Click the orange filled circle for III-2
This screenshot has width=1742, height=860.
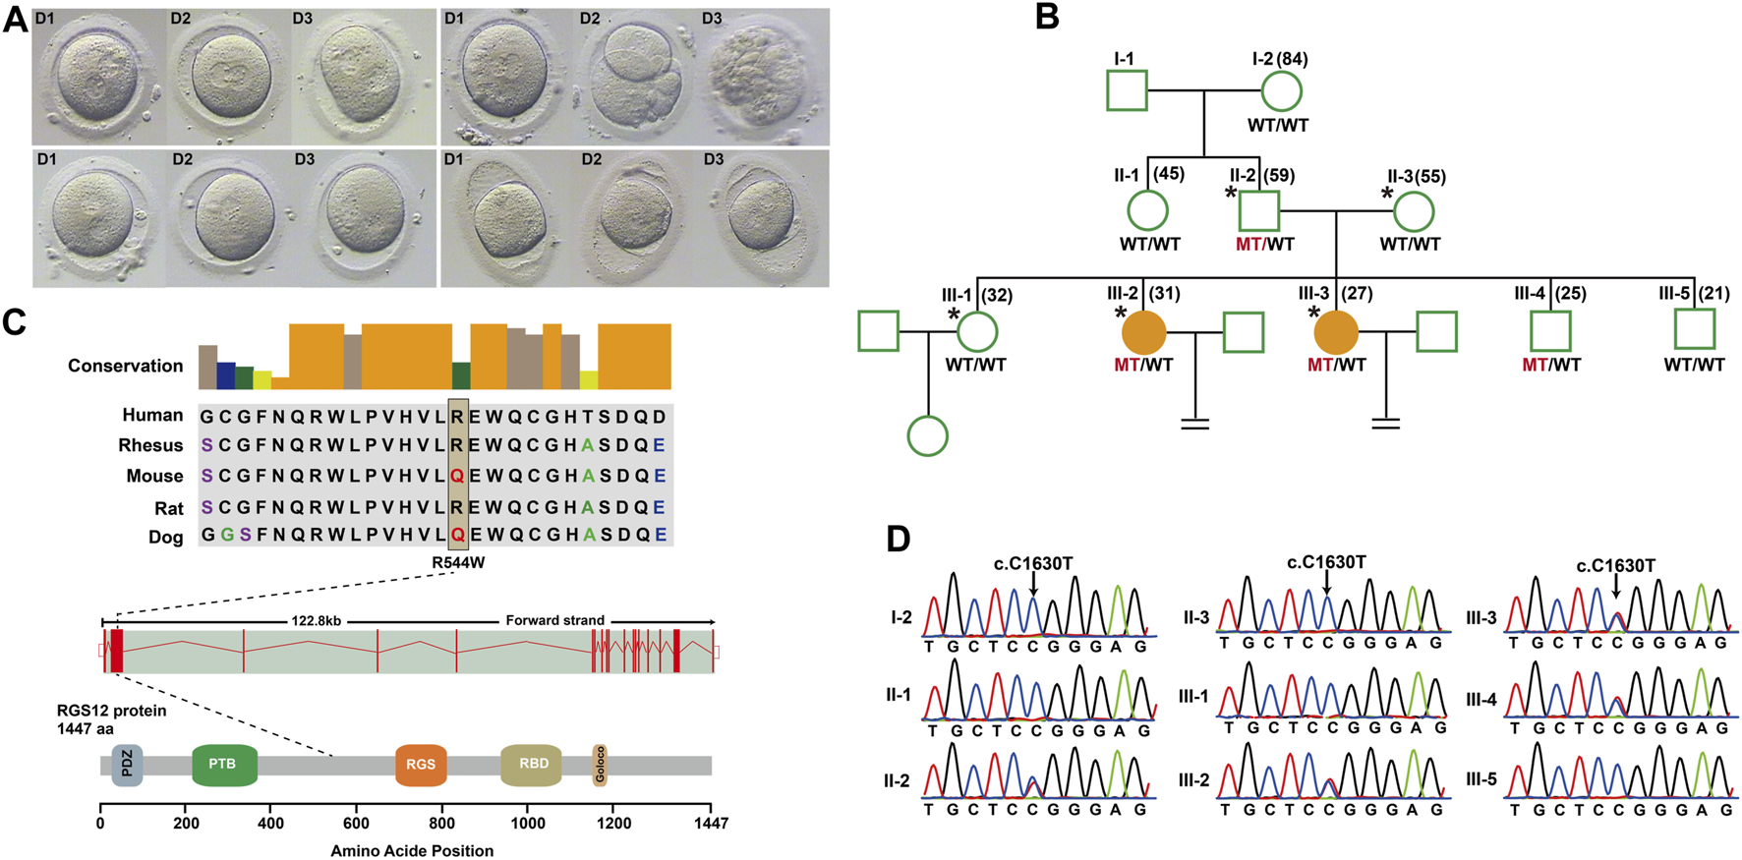point(1143,333)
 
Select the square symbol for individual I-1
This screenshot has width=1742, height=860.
point(1128,91)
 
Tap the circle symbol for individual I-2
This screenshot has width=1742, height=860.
point(1281,91)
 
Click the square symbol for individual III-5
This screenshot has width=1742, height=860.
point(1695,329)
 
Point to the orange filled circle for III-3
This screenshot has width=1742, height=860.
point(1336,333)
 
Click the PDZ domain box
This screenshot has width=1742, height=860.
point(127,765)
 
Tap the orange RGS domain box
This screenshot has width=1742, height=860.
point(421,765)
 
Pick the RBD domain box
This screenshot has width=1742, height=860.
point(531,765)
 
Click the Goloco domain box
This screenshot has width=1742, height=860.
point(600,765)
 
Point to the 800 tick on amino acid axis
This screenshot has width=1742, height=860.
point(441,824)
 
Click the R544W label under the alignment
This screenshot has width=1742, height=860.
point(458,563)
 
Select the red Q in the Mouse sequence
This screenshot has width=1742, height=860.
point(457,476)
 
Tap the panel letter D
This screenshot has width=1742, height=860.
point(899,539)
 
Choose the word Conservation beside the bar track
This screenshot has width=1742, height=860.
point(125,366)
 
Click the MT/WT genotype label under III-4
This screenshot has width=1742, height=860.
point(1551,365)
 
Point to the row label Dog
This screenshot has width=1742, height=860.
point(165,537)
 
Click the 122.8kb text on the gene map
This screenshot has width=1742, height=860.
point(316,621)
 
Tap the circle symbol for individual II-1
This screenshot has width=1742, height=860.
point(1147,211)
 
